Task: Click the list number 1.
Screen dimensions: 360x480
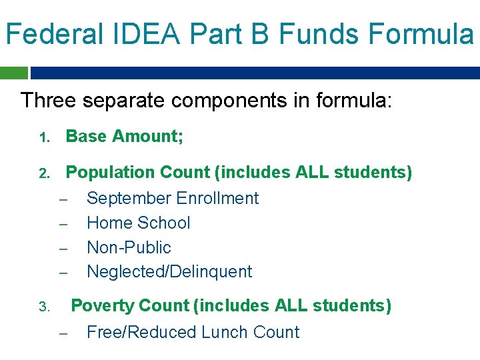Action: pos(43,138)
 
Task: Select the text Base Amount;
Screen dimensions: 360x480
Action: pos(125,137)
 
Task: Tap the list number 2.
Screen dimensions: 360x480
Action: pos(43,174)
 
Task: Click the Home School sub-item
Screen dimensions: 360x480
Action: pos(139,223)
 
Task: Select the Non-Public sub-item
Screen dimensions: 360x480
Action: pos(129,247)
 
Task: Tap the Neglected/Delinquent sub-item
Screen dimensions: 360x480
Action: pos(169,271)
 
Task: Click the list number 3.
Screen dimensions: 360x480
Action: pos(43,307)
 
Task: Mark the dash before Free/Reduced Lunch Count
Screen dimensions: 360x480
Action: pos(64,333)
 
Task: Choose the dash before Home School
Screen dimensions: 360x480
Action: pos(64,224)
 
